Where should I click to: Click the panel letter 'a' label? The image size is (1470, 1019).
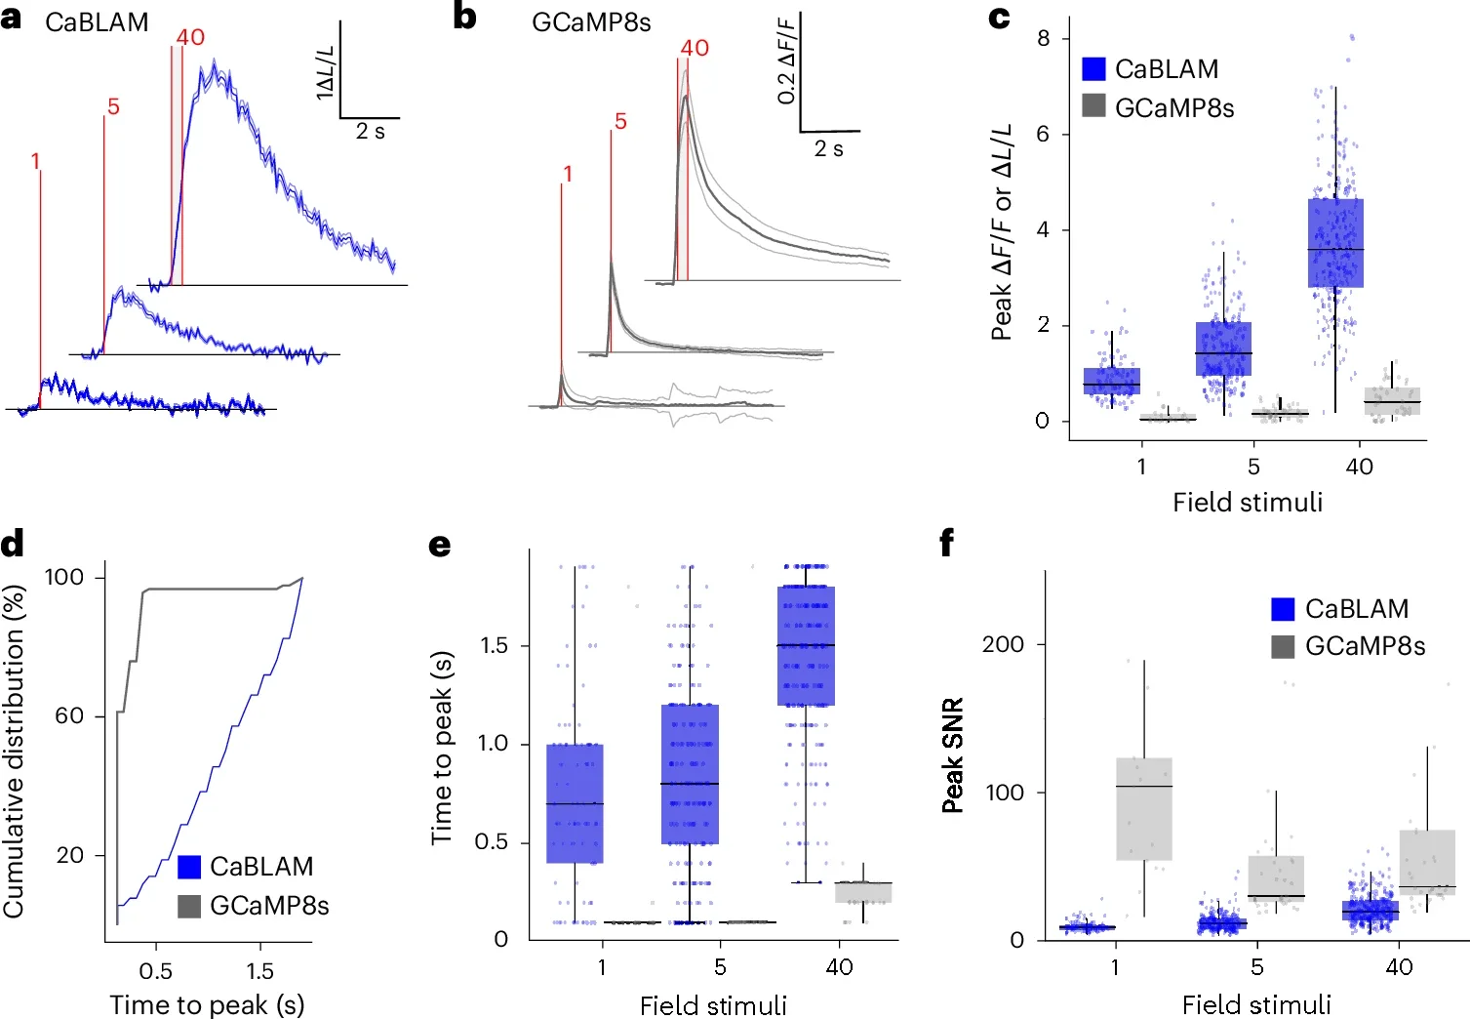coord(11,19)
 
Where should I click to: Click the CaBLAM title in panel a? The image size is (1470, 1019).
coord(97,22)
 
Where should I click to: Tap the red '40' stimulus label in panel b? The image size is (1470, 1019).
coord(695,48)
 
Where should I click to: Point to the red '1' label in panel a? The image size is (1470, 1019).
coord(36,161)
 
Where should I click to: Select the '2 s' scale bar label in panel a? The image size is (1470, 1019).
coord(370,132)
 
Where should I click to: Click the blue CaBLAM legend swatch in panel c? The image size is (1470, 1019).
coord(1093,68)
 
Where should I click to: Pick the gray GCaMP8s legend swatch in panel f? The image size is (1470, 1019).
coord(1284,646)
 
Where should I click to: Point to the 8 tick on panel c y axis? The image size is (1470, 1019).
coord(1044,38)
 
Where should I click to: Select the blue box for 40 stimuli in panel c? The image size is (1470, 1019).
coord(1335,243)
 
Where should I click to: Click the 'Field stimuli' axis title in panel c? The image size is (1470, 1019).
coord(1248,502)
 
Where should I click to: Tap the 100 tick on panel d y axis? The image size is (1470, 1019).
coord(64,577)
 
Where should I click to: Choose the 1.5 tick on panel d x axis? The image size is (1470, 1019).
coord(259,971)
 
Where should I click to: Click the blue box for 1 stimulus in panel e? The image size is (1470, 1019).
coord(575,803)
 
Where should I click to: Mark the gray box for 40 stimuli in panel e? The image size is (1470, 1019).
coord(863,892)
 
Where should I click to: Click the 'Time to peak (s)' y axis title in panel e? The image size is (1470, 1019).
coord(442,747)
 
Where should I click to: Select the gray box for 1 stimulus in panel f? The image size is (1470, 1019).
coord(1143,808)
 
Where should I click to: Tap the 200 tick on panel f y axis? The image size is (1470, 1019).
coord(1003,644)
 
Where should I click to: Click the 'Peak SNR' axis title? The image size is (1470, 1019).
coord(953,754)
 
